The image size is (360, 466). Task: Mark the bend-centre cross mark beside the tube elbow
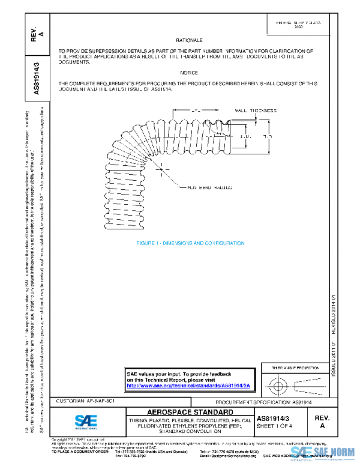click(x=163, y=170)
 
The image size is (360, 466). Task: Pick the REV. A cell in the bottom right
click(x=322, y=420)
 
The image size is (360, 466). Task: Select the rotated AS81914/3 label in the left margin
click(x=37, y=78)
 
